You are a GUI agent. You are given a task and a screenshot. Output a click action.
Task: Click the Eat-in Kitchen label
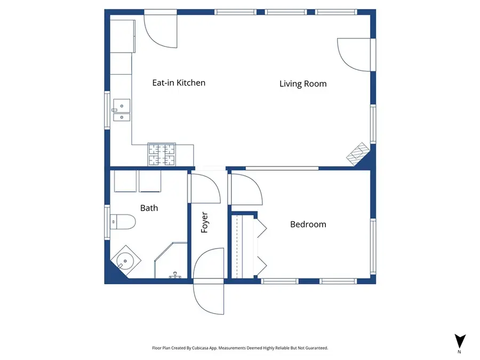179,83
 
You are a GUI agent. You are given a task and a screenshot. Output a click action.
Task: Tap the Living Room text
303,84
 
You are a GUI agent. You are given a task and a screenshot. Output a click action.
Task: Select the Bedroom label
308,225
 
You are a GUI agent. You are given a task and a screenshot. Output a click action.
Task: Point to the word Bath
149,208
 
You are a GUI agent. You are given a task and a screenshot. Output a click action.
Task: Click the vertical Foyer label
204,223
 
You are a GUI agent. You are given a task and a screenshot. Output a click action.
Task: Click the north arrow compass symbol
460,342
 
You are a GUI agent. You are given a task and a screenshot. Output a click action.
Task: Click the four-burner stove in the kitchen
162,155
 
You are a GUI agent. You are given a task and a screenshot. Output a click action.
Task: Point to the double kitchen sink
121,110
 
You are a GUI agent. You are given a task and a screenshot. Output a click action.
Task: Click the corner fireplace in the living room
357,153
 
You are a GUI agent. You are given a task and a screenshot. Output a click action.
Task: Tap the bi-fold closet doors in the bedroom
261,245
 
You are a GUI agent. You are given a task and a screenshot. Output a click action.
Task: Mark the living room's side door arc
353,54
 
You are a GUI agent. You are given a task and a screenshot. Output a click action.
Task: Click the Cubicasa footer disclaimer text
240,348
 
